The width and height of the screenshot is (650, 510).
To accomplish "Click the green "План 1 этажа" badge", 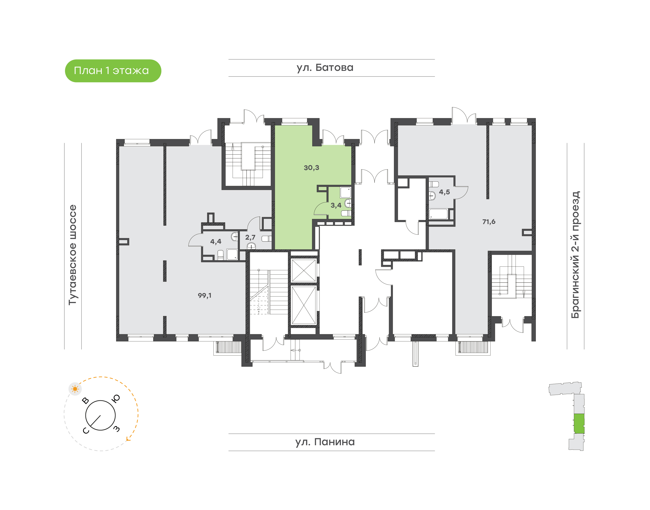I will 113,71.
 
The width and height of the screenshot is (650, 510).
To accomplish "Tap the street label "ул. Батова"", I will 325,68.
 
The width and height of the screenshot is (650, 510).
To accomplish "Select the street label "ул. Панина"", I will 325,442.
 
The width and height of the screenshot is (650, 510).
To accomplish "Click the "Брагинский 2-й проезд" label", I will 575,255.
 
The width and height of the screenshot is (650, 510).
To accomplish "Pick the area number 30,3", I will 311,168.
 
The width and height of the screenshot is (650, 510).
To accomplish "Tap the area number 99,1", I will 205,296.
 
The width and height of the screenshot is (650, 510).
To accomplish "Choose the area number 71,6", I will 489,222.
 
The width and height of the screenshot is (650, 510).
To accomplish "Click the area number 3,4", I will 336,205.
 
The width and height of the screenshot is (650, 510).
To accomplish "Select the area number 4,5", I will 444,192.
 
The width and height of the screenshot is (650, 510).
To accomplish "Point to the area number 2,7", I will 250,237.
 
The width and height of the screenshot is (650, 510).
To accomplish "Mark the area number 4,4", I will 215,241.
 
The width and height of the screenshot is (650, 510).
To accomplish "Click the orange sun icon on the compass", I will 75,389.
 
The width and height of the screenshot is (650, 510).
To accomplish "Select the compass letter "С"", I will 86,431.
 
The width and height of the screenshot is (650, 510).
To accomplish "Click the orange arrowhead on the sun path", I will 128,439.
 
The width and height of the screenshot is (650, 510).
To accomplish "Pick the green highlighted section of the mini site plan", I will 579,423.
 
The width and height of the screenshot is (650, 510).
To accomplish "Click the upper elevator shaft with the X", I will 304,271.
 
